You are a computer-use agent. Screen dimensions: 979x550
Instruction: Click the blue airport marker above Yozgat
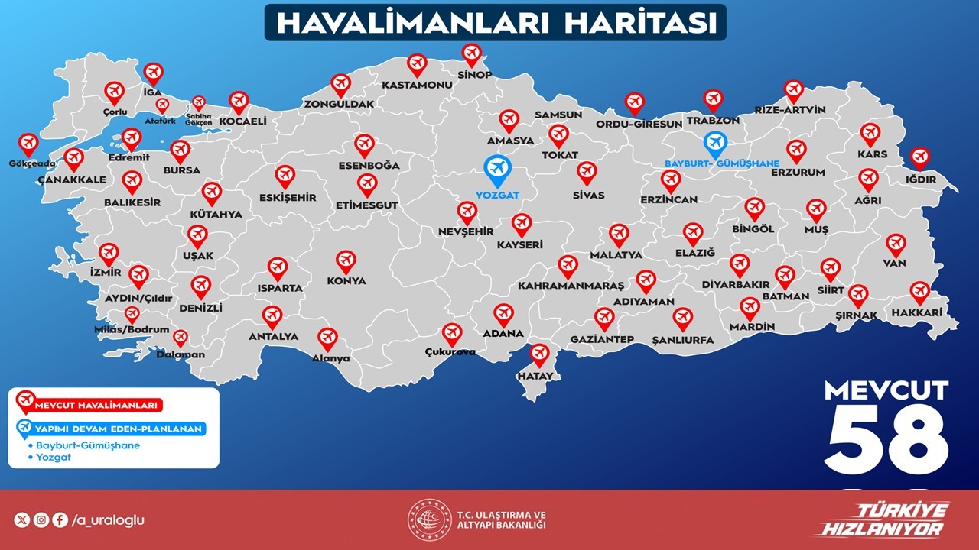[497, 167]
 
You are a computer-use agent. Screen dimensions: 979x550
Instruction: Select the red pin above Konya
[346, 261]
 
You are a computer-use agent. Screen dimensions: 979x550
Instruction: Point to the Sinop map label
[474, 75]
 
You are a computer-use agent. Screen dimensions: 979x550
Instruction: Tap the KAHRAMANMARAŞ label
[571, 286]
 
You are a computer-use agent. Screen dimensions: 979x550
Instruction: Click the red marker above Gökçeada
[28, 144]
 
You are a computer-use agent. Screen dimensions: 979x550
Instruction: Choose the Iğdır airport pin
[920, 158]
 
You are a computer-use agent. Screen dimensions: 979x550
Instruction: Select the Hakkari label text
[916, 313]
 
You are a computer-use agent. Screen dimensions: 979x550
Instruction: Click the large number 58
[886, 439]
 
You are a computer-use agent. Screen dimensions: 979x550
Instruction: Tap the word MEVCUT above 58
[886, 390]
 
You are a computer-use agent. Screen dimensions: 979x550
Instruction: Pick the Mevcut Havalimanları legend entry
[92, 406]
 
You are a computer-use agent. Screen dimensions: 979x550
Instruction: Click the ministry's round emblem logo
[429, 520]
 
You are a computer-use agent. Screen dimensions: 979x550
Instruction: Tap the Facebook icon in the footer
[60, 520]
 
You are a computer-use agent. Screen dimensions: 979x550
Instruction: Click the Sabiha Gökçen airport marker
[199, 102]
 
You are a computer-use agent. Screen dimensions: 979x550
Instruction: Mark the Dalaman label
[181, 354]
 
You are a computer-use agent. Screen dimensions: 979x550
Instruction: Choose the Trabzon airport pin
[713, 99]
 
